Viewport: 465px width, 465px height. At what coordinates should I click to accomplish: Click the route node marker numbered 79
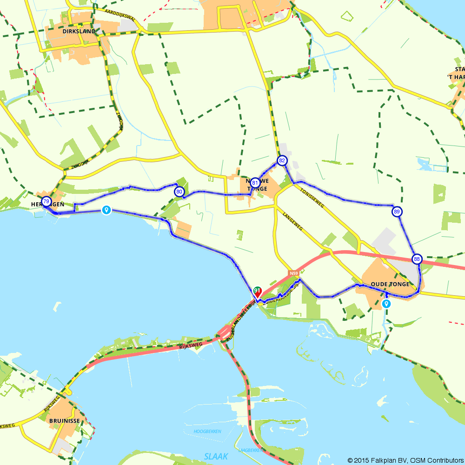point(46,202)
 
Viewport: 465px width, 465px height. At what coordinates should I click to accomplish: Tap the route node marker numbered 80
point(179,192)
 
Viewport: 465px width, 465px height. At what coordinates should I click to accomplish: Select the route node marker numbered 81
point(255,183)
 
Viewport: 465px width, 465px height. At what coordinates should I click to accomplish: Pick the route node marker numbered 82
point(282,161)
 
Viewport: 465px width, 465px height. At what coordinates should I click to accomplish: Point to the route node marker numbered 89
point(397,212)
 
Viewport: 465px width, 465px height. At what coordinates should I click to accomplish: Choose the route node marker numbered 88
point(417,259)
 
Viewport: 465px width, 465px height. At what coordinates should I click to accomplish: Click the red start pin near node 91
point(257,292)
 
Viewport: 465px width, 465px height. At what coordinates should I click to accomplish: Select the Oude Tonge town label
point(390,284)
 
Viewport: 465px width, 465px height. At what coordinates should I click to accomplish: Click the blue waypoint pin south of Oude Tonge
point(386,304)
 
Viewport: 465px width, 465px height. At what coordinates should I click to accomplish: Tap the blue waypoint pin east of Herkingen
point(106,210)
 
